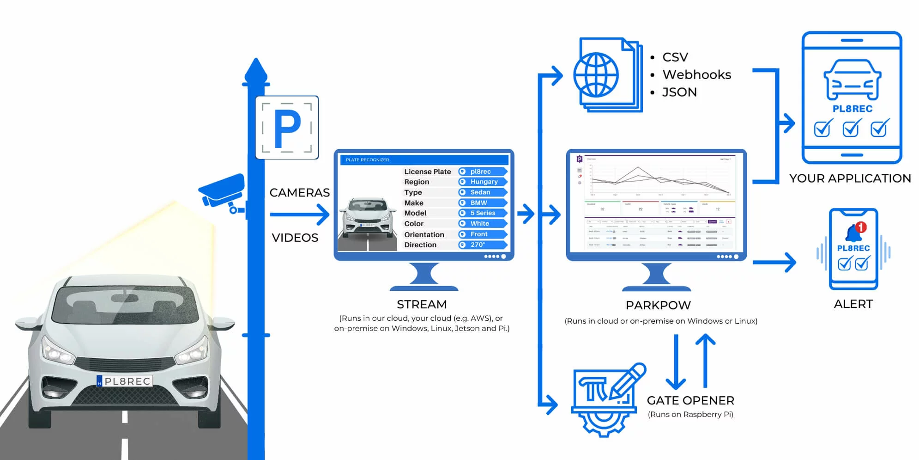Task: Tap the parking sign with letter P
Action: (287, 127)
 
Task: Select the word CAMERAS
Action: (299, 192)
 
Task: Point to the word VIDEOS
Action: (295, 238)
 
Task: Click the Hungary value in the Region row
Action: (484, 182)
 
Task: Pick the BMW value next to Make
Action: (478, 202)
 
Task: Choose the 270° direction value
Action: (478, 245)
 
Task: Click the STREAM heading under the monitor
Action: (422, 304)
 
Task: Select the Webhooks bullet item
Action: (696, 74)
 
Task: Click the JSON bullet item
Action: (679, 92)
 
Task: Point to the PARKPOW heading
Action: (658, 305)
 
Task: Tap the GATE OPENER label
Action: (690, 400)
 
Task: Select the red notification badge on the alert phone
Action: (860, 227)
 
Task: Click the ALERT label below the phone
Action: (853, 304)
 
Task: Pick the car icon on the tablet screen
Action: (852, 80)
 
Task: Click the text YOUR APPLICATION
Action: (850, 178)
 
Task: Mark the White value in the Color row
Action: (479, 223)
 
